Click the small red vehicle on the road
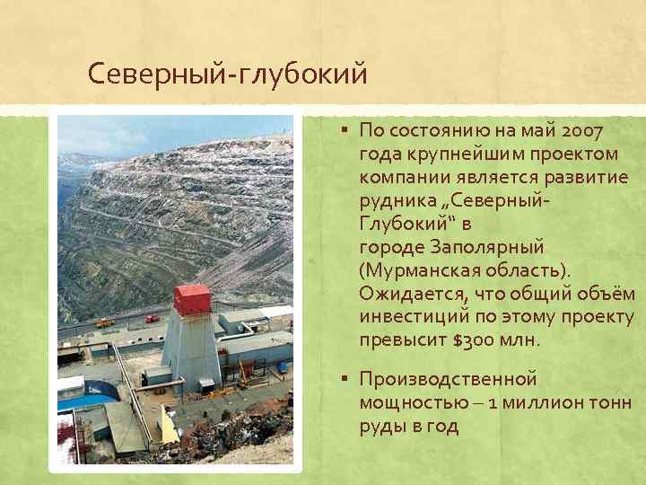(x=153, y=318)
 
